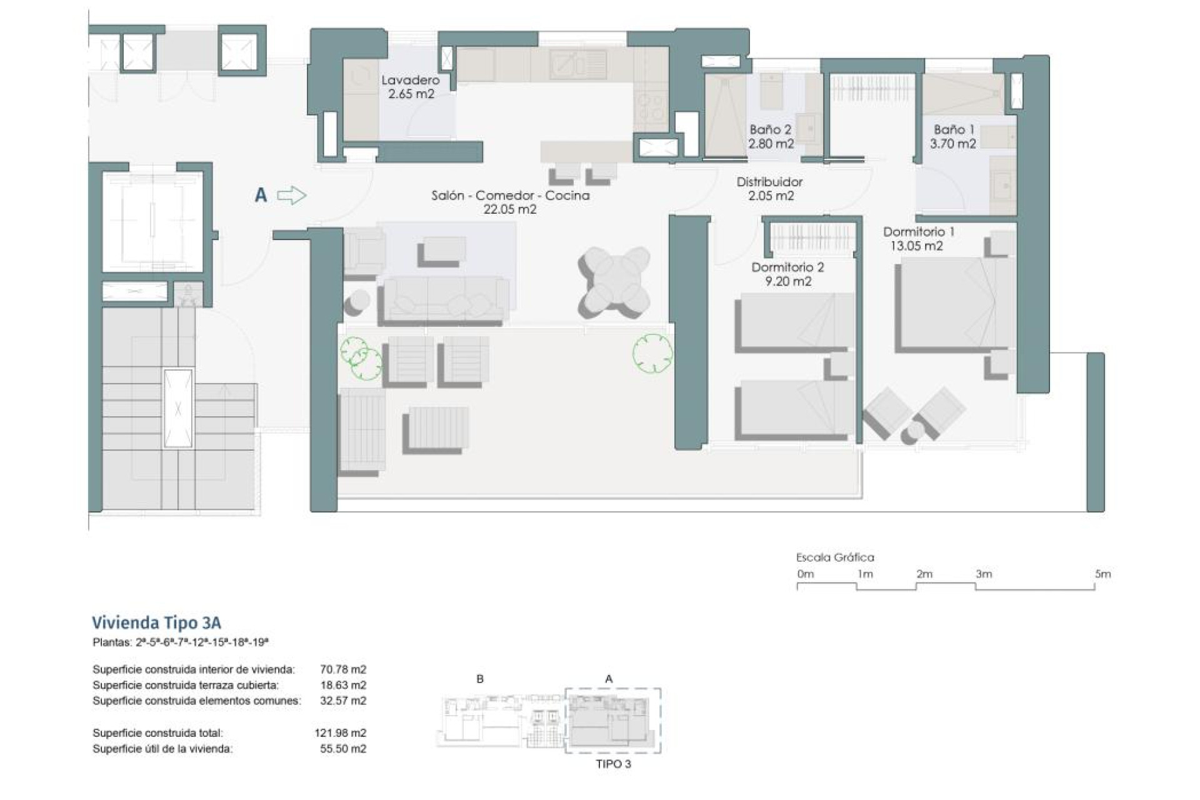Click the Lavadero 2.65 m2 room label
(411, 87)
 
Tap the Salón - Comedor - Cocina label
(510, 202)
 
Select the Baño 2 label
(771, 136)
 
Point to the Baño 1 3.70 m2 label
(953, 136)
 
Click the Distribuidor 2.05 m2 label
(769, 188)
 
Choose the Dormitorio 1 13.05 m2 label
(918, 239)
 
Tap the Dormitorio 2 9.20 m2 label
(787, 274)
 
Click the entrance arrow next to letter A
(291, 196)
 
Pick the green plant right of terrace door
(652, 354)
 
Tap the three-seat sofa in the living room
(443, 301)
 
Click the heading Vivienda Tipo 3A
(156, 622)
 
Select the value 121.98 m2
(340, 732)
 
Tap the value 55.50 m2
(342, 748)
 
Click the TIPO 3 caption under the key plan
(613, 764)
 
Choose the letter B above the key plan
(480, 679)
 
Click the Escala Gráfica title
(834, 557)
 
